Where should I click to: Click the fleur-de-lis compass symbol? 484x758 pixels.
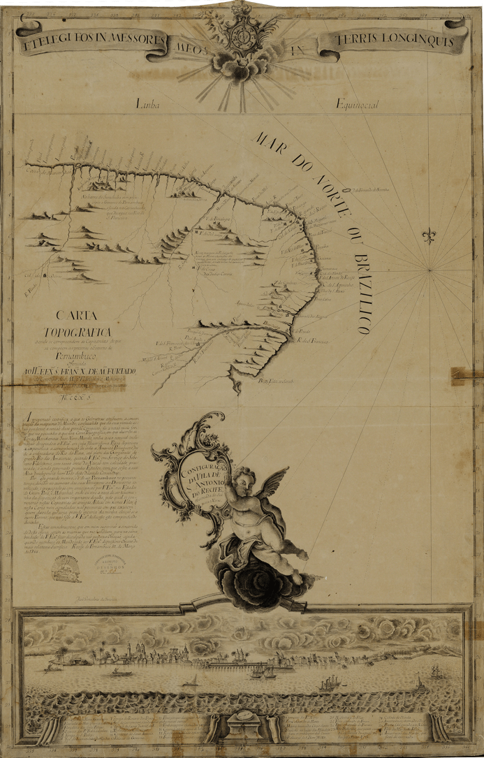[x=427, y=235]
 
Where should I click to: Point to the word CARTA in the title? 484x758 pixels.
[x=77, y=315]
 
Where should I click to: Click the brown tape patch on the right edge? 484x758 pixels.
[x=466, y=376]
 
